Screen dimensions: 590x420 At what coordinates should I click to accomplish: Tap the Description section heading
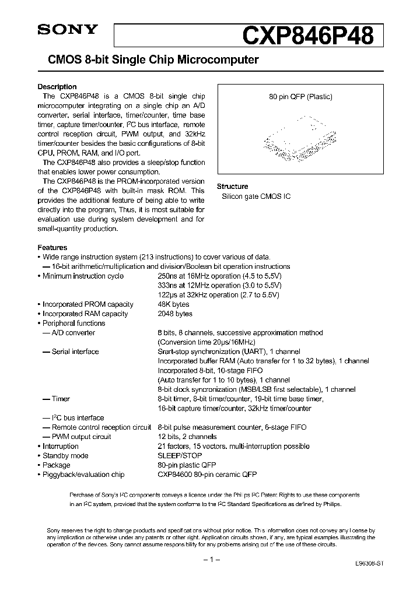[57, 87]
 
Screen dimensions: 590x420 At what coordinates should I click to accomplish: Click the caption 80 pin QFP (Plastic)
[300, 97]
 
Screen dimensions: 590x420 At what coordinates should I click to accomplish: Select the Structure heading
[232, 187]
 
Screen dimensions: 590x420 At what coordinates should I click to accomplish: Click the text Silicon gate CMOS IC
[256, 196]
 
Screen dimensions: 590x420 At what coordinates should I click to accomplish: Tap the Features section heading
[52, 247]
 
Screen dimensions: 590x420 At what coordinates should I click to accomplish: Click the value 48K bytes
[173, 304]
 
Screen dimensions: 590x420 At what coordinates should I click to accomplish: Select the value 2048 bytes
[175, 314]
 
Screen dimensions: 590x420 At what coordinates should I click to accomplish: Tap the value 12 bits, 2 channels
[187, 437]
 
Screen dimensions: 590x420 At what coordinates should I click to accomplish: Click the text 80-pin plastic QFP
[187, 465]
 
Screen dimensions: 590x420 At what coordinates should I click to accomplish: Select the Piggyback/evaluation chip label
[83, 475]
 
